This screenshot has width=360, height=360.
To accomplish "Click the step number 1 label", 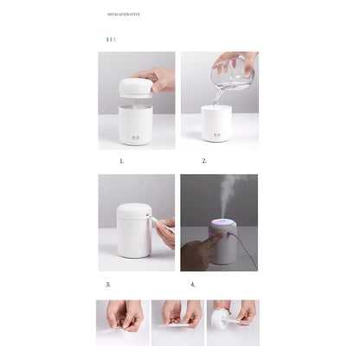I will [121, 161].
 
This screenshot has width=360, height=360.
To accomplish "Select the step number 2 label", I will [204, 161].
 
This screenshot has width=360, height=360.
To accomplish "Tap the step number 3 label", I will [108, 283].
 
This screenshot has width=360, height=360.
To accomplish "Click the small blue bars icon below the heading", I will [110, 39].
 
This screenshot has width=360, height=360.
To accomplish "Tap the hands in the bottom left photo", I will [122, 318].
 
